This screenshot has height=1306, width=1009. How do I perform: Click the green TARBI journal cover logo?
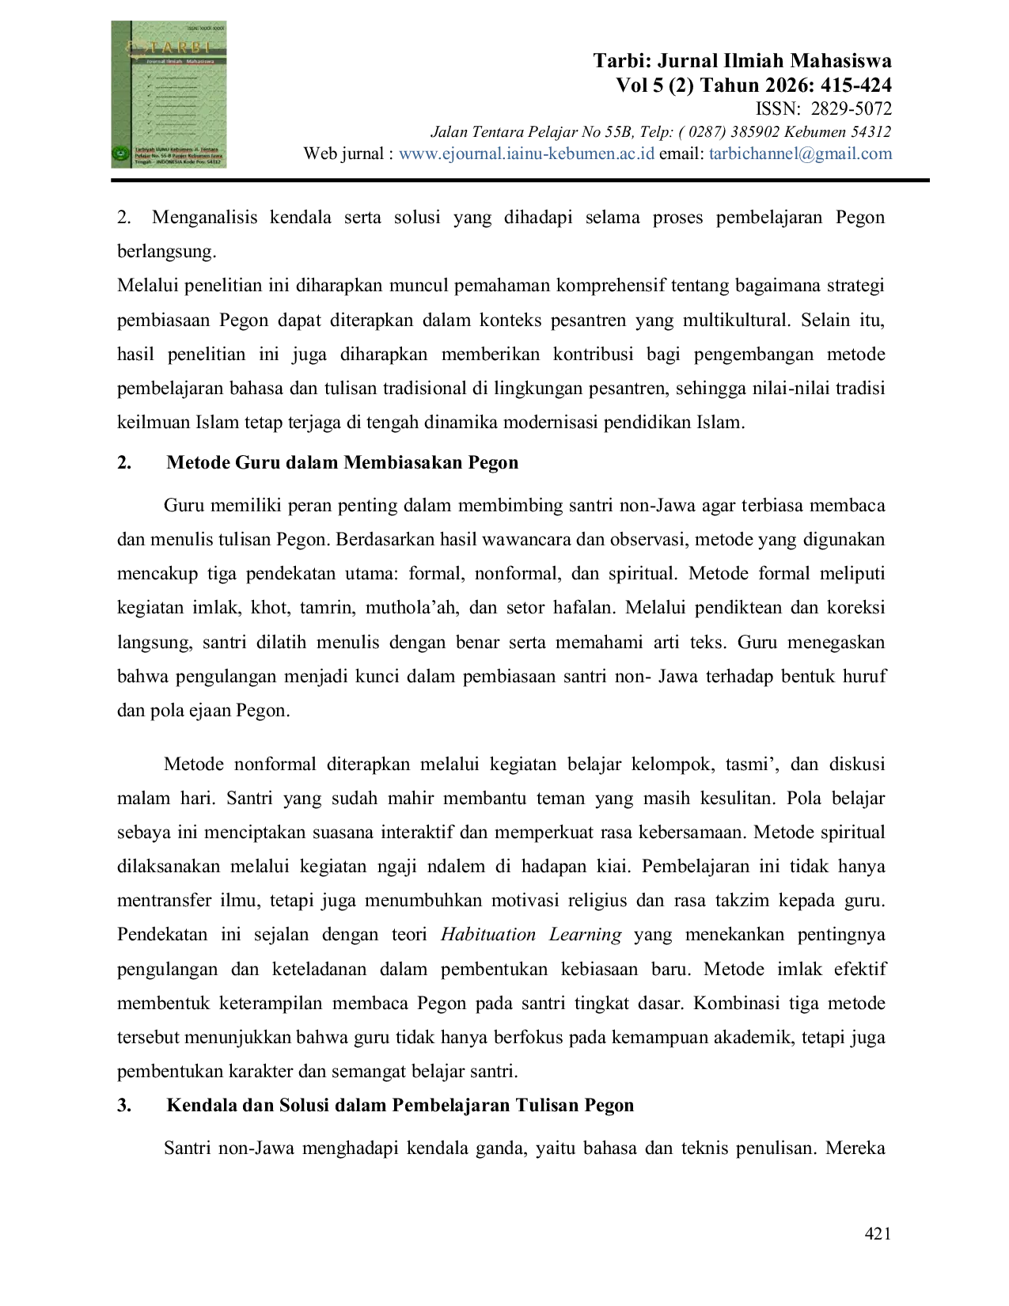pos(169,94)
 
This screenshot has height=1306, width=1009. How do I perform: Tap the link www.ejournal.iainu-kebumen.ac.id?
pos(526,154)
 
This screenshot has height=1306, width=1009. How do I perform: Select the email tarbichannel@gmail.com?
pos(800,154)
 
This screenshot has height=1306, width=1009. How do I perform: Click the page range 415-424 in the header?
pos(855,85)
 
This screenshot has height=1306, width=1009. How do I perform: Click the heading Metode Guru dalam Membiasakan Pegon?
pos(342,462)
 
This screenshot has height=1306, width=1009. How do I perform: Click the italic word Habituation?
pos(488,935)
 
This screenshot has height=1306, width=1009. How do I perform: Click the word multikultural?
pos(735,320)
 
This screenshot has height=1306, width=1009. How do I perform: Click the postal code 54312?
pos(871,132)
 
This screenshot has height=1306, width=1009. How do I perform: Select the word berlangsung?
pos(166,252)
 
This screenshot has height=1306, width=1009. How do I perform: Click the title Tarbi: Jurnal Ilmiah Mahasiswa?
pos(742,61)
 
